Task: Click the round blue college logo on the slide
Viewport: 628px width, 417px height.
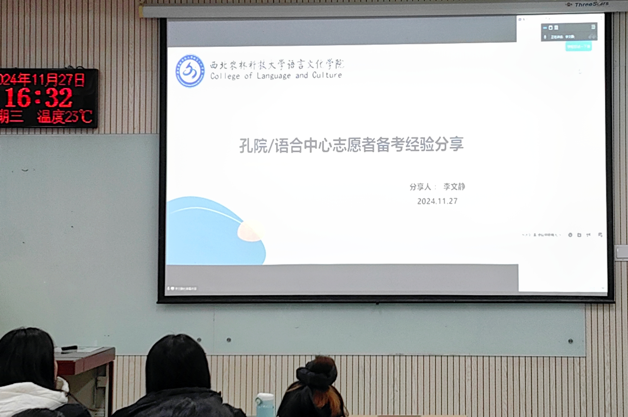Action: point(190,71)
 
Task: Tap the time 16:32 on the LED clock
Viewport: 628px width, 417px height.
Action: point(39,98)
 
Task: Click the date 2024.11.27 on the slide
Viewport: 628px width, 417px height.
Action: point(437,201)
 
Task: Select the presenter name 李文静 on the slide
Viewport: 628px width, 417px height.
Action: point(454,187)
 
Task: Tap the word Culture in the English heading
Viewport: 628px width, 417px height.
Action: point(327,75)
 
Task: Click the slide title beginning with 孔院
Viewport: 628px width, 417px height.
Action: point(351,145)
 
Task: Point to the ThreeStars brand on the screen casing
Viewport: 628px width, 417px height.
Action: point(591,4)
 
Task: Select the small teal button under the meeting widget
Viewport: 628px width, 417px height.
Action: point(578,47)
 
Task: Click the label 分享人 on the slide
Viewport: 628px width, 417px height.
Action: point(420,187)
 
